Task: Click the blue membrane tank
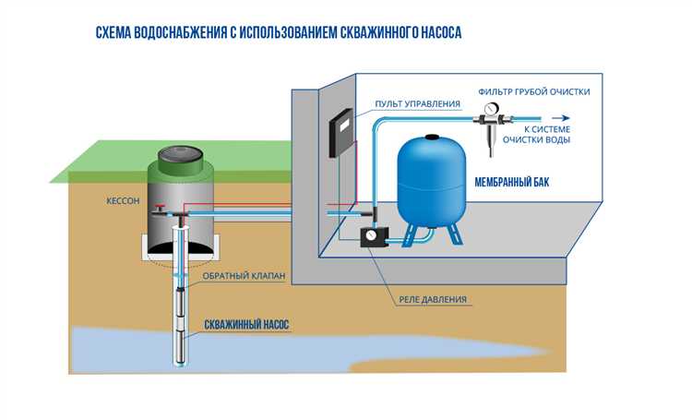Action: tap(429, 180)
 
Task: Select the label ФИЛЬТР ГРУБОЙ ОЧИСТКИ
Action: tap(534, 91)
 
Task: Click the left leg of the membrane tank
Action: tap(408, 234)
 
